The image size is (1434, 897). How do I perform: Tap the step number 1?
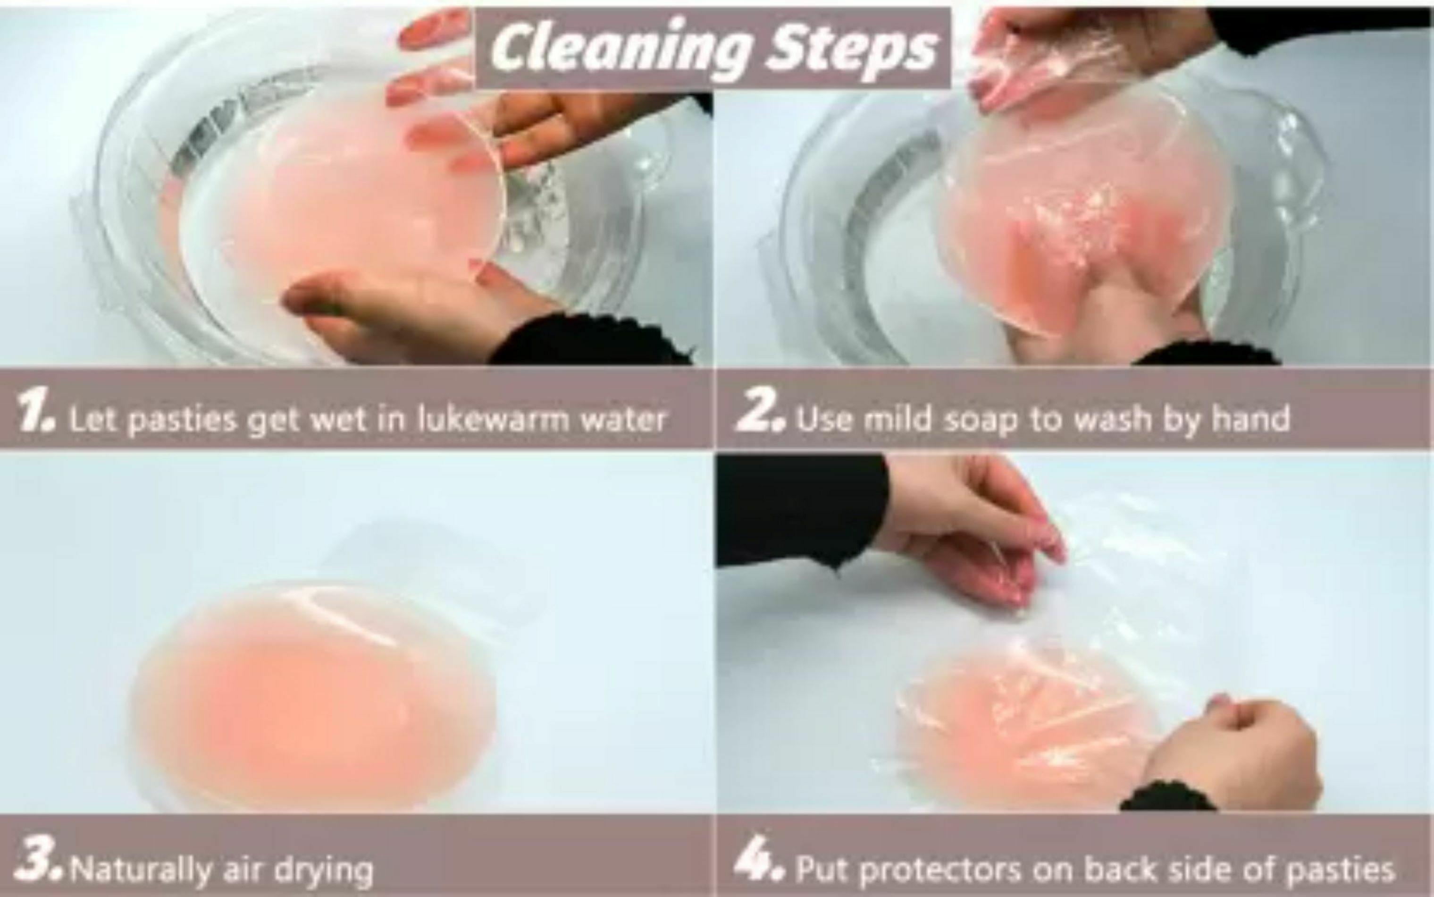35,417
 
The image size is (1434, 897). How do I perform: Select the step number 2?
761,416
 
